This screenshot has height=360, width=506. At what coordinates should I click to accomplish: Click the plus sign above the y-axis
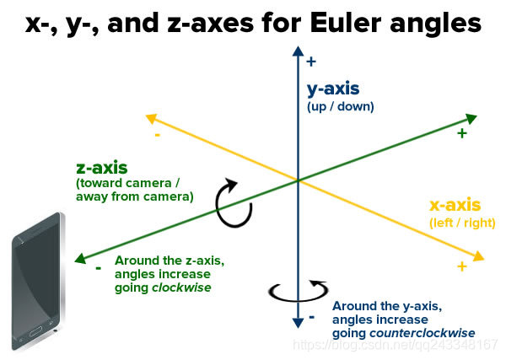pyautogui.click(x=311, y=61)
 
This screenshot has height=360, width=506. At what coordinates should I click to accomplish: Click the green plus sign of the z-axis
pyautogui.click(x=461, y=133)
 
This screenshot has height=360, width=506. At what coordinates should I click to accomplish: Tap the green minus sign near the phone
pyautogui.click(x=99, y=267)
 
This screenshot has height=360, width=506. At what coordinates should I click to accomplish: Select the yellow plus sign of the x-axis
pyautogui.click(x=461, y=266)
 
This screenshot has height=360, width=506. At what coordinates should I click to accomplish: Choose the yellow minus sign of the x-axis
pyautogui.click(x=157, y=134)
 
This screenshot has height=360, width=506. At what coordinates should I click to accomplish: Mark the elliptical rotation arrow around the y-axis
pyautogui.click(x=297, y=292)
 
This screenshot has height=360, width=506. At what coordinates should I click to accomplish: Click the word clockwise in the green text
pyautogui.click(x=182, y=287)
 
